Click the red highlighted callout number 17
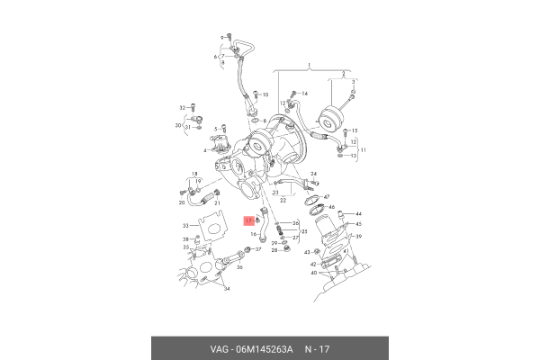[x=249, y=219]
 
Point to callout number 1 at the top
[x=308, y=66]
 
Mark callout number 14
[x=304, y=94]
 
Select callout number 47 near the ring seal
[x=327, y=197]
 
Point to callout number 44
[x=357, y=213]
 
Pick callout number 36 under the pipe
[x=237, y=266]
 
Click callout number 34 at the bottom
[x=226, y=290]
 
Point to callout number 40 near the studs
[x=314, y=273]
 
